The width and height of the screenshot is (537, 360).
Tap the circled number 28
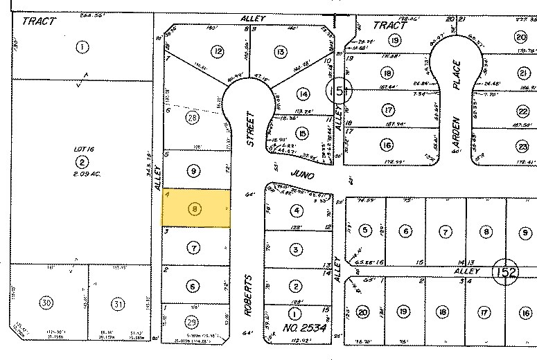192,118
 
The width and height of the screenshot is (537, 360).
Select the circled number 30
46,303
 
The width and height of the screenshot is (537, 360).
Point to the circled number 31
118,303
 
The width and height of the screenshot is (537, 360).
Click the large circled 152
507,272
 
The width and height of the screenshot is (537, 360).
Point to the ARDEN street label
456,132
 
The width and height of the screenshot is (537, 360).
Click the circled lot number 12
218,51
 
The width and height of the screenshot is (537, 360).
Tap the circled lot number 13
280,51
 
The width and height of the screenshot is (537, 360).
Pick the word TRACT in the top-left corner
38,21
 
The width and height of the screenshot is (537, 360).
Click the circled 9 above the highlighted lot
194,170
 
